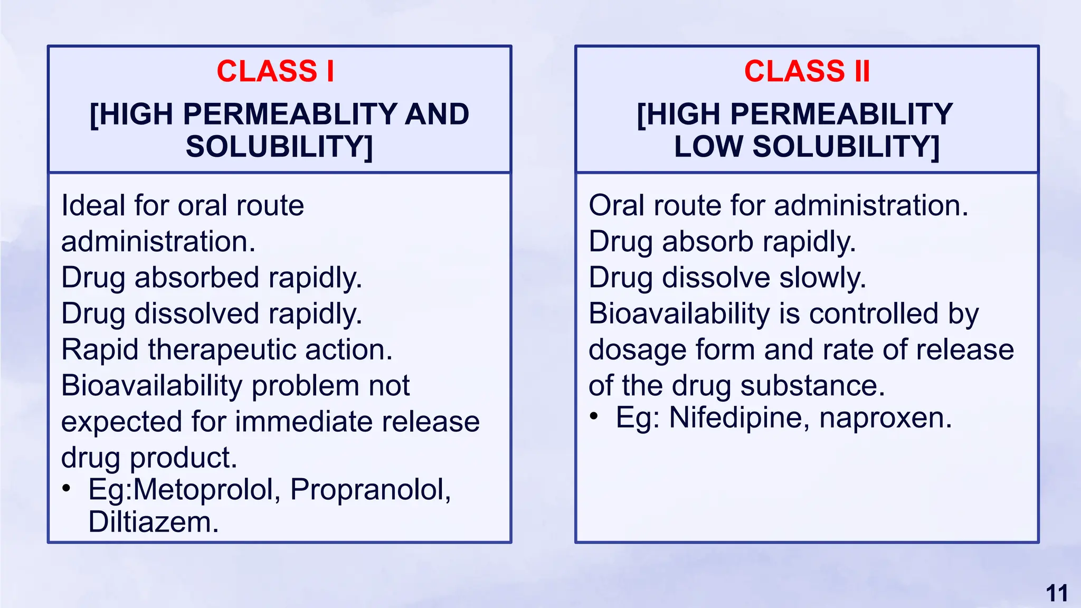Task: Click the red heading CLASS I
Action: pyautogui.click(x=275, y=71)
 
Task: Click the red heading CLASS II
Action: pyautogui.click(x=807, y=71)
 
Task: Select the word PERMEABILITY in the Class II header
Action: pyautogui.click(x=841, y=115)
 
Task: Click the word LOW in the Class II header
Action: pyautogui.click(x=708, y=147)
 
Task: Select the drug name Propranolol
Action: pyautogui.click(x=370, y=489)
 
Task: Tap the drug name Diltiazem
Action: pyautogui.click(x=153, y=522)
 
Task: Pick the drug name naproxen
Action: pyautogui.click(x=885, y=418)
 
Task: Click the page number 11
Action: pyautogui.click(x=1057, y=593)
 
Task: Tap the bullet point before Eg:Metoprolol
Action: pyautogui.click(x=66, y=488)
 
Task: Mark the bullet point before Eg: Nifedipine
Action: pyautogui.click(x=594, y=417)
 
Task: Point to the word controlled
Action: pyautogui.click(x=874, y=314)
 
